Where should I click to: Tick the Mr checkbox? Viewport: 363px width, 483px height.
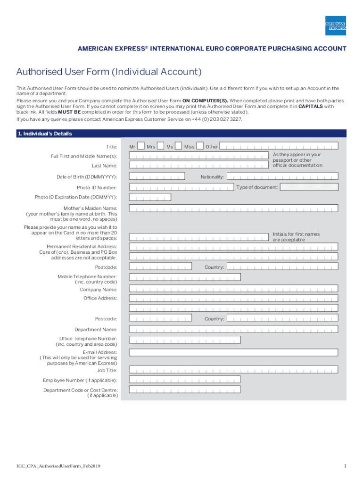140,146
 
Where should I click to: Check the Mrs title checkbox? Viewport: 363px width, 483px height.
161,146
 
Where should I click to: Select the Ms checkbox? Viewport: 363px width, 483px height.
179,146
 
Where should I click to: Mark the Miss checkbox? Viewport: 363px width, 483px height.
200,146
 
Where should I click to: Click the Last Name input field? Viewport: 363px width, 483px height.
198,166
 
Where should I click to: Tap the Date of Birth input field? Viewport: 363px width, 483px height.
157,177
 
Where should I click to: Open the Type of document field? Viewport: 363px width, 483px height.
309,187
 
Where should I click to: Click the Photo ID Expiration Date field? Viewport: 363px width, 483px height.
150,197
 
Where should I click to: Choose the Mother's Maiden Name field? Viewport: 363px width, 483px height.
233,208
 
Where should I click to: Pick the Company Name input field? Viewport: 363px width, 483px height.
233,289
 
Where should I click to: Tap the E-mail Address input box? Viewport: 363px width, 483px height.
233,352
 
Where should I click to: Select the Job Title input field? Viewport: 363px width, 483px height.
233,370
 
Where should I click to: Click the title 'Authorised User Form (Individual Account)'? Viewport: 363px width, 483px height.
109,72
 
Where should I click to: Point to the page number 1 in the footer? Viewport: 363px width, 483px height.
345,466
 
